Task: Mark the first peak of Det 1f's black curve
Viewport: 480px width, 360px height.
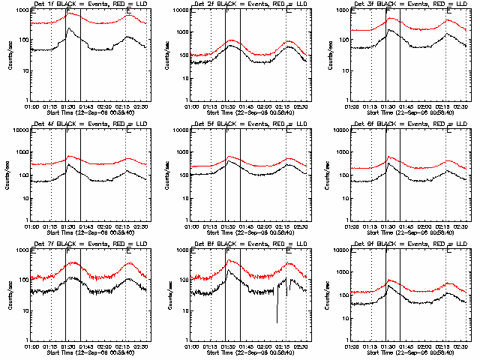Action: (x=69, y=28)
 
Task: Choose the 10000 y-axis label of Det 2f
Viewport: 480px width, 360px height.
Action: (x=178, y=10)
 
